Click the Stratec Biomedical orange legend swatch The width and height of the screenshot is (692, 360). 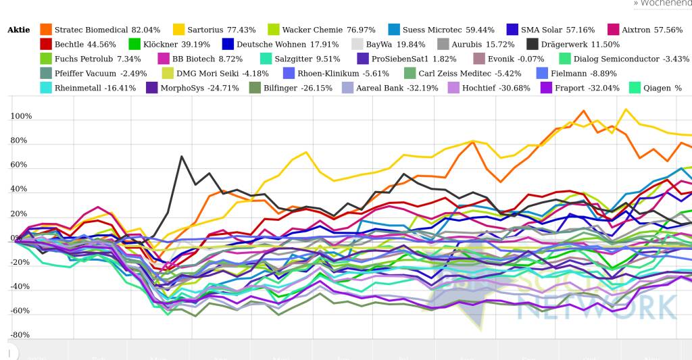tap(46, 30)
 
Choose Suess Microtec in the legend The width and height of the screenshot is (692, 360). tap(432, 30)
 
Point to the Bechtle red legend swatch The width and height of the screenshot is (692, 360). tap(46, 45)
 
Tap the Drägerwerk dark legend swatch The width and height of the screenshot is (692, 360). tap(533, 45)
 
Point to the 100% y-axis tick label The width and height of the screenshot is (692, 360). tap(20, 116)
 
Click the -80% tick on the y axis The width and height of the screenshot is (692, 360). tap(20, 335)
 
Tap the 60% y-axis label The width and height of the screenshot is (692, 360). tap(20, 165)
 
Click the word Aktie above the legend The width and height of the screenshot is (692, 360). tap(19, 30)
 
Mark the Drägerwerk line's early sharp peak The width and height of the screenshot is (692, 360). tap(182, 156)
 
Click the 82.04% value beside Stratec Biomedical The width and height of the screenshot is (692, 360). tap(146, 30)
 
